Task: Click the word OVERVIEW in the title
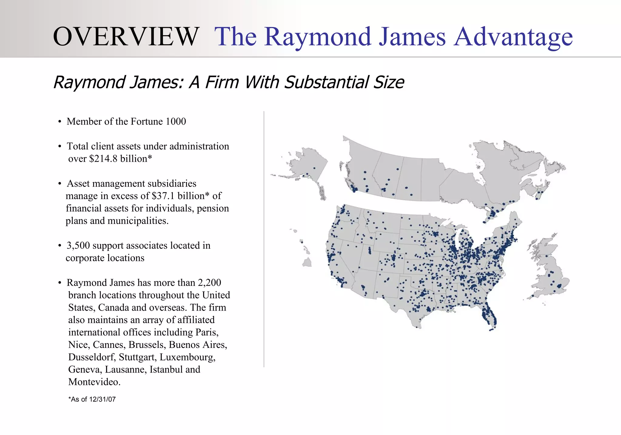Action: [126, 37]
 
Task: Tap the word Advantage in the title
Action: [513, 37]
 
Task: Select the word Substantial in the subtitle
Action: [327, 82]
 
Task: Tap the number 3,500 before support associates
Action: [78, 245]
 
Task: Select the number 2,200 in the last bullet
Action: [209, 283]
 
